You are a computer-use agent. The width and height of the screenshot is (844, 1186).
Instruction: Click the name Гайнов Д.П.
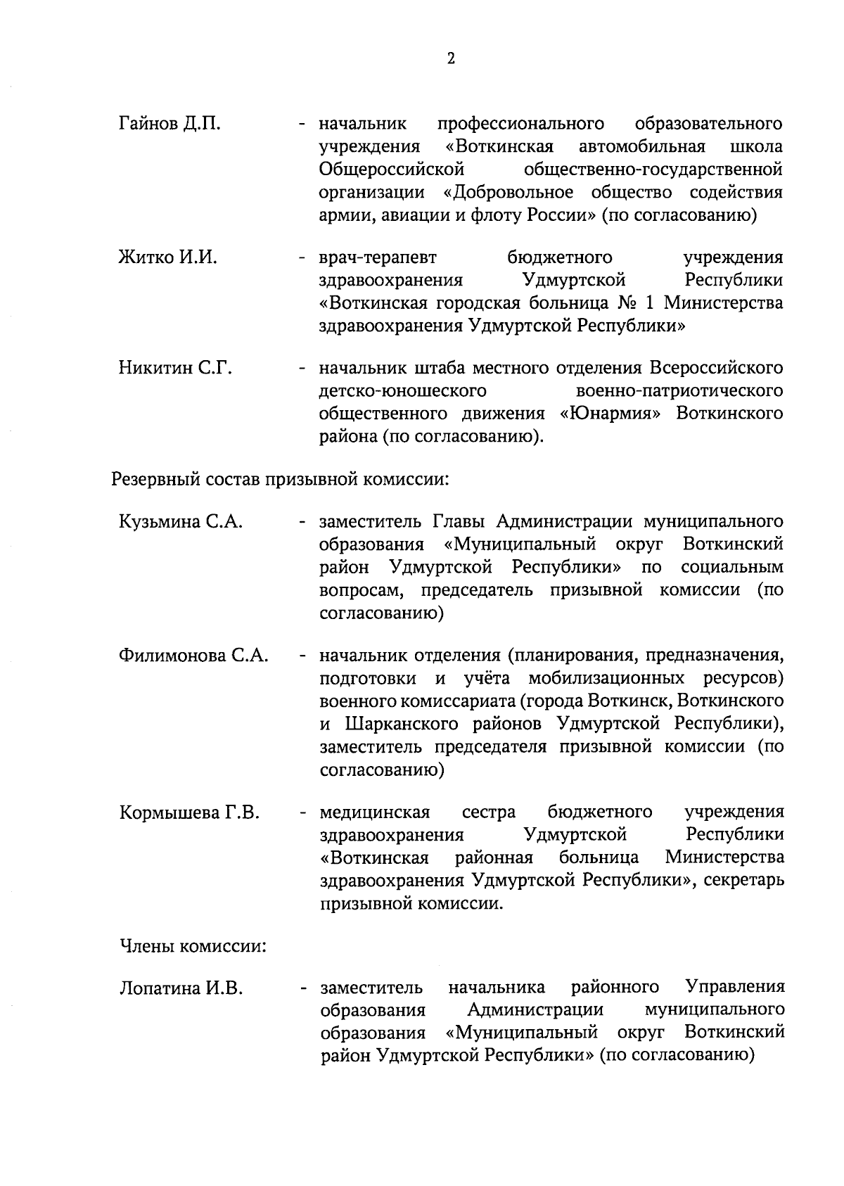point(170,125)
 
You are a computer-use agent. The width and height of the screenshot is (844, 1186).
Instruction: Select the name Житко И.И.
point(168,257)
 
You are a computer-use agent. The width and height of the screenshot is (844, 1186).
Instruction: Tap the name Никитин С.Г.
point(175,368)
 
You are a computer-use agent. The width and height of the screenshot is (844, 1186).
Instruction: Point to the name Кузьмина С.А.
point(181,522)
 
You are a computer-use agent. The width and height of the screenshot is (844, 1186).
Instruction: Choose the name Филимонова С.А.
point(193,656)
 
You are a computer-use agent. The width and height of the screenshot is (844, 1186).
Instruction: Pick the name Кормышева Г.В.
point(189,813)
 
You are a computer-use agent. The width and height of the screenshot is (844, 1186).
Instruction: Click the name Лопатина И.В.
point(181,988)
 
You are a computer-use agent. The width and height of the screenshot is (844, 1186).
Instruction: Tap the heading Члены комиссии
point(193,946)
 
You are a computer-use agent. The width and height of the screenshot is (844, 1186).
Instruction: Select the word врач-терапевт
point(378,257)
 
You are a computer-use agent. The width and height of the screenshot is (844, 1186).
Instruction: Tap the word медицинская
point(375,813)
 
